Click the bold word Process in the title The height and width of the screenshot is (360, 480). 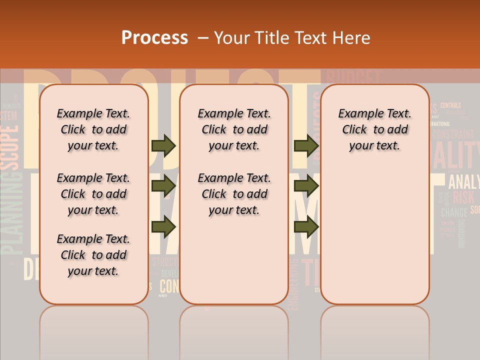(154, 38)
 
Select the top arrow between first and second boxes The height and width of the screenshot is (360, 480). (163, 145)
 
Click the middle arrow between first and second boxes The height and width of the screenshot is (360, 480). (163, 186)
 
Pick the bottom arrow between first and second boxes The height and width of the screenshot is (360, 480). (163, 227)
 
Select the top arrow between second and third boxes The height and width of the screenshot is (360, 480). (306, 145)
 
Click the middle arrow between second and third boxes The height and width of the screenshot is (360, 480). (306, 186)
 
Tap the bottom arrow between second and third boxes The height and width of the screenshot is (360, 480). (306, 227)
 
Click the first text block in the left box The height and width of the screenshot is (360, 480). (93, 129)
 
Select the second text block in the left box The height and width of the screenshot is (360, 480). (93, 194)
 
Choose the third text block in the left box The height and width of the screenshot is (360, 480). (93, 255)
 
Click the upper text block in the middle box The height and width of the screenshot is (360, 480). (234, 129)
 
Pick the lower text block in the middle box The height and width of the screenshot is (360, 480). (234, 194)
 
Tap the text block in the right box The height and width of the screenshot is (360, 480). (374, 129)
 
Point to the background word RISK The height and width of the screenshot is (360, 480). (463, 197)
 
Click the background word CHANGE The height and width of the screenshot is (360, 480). (453, 212)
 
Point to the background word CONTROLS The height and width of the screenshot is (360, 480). (450, 105)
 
